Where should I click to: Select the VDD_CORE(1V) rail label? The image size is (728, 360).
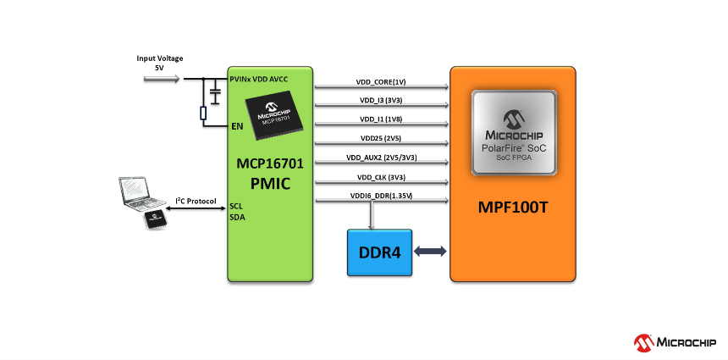[x=381, y=82]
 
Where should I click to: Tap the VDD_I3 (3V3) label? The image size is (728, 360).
[x=381, y=101]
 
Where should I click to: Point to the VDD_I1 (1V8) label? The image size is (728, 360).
[x=381, y=119]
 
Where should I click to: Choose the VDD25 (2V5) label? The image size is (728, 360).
[x=381, y=138]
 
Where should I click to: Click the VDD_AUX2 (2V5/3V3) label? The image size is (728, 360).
[x=381, y=158]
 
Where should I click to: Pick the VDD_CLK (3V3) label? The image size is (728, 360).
[x=381, y=177]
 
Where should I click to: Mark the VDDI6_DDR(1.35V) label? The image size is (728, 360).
[x=381, y=197]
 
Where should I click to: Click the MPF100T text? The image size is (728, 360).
[x=514, y=207]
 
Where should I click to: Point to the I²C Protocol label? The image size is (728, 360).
[x=196, y=201]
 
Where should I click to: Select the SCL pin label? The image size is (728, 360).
[x=237, y=205]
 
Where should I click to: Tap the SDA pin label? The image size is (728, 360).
[x=237, y=217]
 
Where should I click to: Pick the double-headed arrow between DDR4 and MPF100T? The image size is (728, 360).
[x=430, y=251]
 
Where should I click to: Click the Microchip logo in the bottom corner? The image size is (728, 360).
[x=676, y=341]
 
